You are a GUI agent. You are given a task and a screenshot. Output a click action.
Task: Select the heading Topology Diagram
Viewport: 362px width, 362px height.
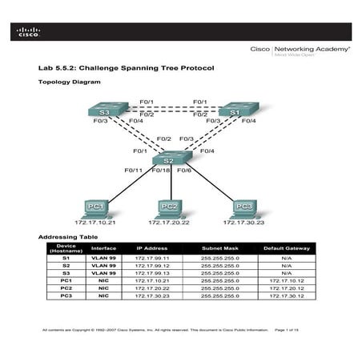click(70, 82)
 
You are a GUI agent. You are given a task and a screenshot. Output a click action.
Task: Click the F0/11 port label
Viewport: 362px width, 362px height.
click(133, 171)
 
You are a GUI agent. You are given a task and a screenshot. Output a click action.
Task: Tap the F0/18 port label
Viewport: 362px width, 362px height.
click(163, 171)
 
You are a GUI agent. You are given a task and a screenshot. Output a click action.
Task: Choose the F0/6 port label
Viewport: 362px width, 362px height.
click(184, 171)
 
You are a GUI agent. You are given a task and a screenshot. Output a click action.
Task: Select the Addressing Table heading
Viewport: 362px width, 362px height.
click(69, 238)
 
